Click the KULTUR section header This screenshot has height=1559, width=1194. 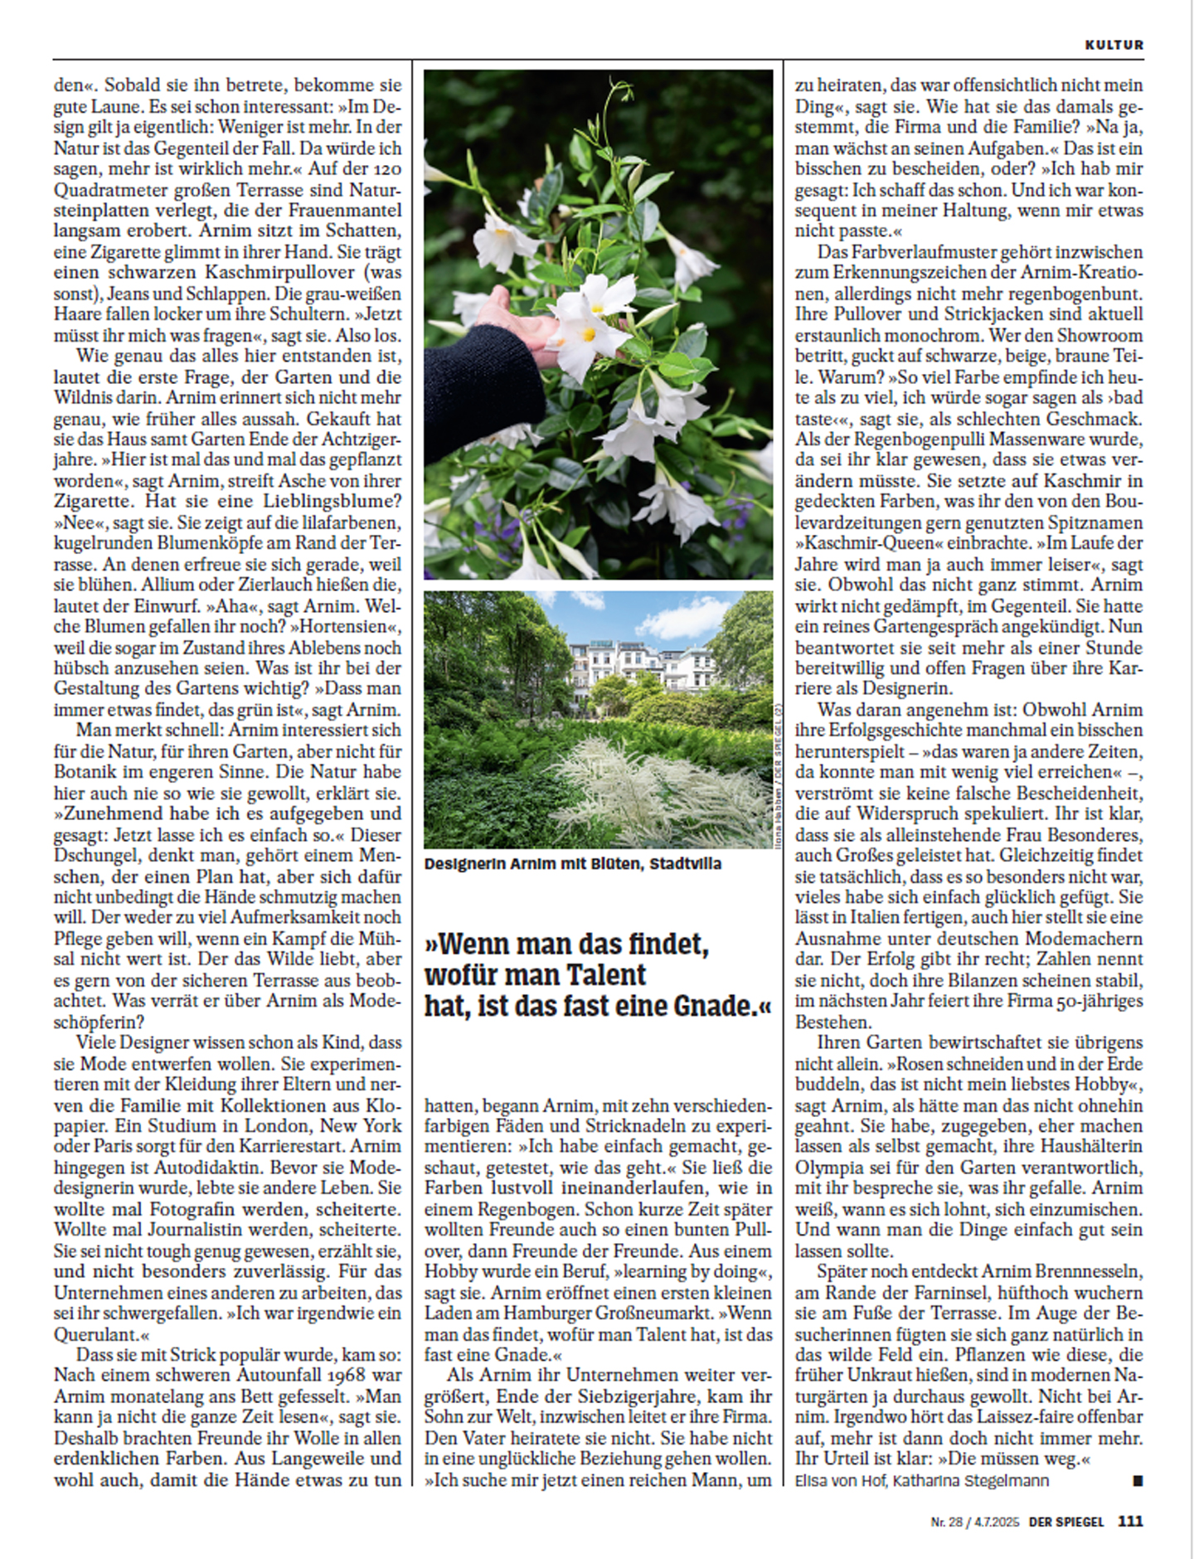point(1114,45)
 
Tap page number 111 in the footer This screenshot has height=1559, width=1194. point(1130,1521)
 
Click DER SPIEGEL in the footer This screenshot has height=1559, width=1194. point(1066,1522)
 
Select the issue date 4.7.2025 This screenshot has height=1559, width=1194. point(997,1522)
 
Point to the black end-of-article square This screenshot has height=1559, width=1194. point(1138,1480)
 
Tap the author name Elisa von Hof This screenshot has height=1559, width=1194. point(840,1480)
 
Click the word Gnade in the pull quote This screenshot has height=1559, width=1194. point(712,1006)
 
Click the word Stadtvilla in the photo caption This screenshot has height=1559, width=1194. point(685,863)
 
